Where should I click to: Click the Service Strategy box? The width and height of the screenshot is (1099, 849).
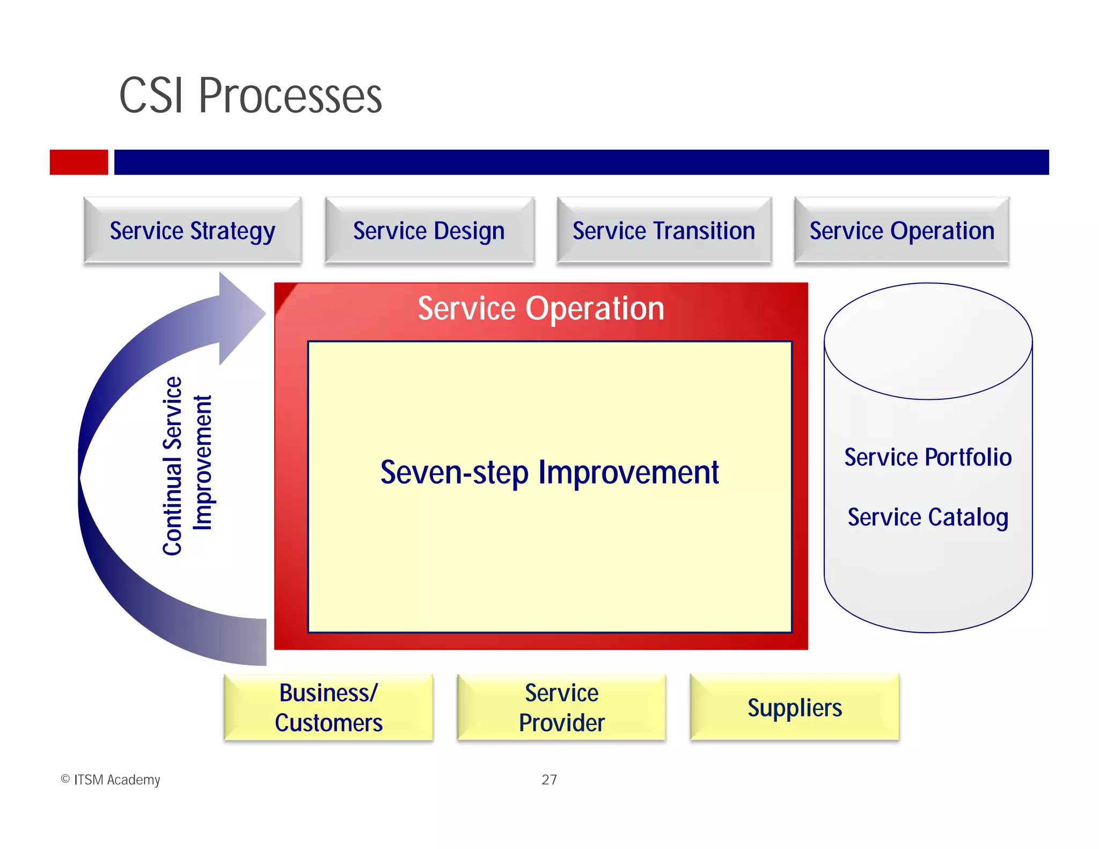(192, 231)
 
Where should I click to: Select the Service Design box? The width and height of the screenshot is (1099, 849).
(429, 231)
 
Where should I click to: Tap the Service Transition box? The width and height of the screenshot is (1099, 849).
(664, 231)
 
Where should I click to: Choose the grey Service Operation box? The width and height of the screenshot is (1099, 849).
(902, 231)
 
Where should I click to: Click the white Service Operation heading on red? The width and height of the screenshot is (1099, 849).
(541, 309)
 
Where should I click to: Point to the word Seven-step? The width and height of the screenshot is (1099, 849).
(454, 473)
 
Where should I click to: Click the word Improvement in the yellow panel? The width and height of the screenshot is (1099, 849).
(628, 473)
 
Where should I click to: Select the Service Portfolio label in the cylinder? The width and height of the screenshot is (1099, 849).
(928, 457)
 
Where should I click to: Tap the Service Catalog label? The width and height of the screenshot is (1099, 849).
(928, 517)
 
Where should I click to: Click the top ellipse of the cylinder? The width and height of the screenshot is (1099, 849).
(928, 342)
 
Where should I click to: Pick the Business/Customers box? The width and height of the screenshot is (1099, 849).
(328, 707)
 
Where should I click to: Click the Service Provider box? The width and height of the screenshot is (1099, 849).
(561, 707)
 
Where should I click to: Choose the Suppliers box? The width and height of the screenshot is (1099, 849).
(794, 707)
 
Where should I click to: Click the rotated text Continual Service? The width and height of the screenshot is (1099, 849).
(173, 466)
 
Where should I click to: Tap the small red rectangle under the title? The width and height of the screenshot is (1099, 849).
(79, 162)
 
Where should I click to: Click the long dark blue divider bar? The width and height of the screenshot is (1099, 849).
(581, 162)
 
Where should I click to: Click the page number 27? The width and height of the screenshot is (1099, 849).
(549, 779)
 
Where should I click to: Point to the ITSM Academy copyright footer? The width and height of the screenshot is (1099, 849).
(111, 779)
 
